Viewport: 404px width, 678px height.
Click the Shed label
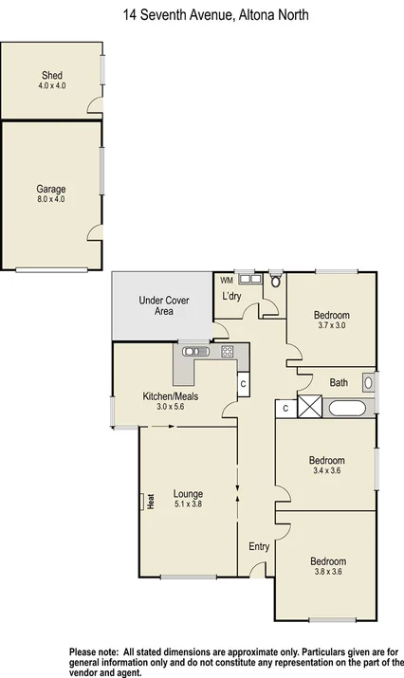[51, 75]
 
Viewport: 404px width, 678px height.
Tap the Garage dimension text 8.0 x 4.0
[51, 200]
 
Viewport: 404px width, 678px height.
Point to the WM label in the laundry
[226, 280]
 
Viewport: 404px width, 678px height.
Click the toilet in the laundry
[275, 280]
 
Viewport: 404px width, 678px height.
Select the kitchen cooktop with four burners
[228, 351]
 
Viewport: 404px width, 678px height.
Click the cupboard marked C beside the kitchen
[244, 384]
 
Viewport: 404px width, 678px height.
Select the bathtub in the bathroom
[350, 408]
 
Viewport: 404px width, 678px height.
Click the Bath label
[339, 383]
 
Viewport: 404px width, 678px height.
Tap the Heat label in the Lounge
[151, 502]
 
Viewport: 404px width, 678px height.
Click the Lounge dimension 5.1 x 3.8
[188, 504]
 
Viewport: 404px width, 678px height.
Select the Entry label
[259, 546]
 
